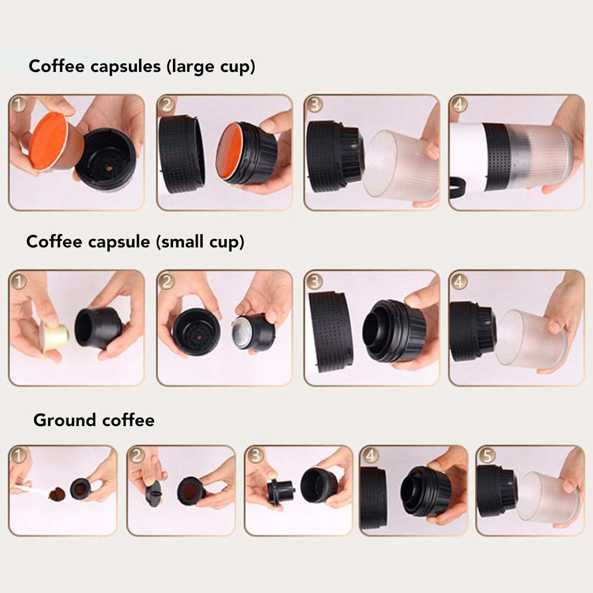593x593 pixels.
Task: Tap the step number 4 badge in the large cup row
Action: click(x=459, y=105)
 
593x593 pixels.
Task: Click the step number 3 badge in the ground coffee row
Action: click(x=255, y=455)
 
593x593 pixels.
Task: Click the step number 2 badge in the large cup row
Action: click(x=166, y=105)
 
